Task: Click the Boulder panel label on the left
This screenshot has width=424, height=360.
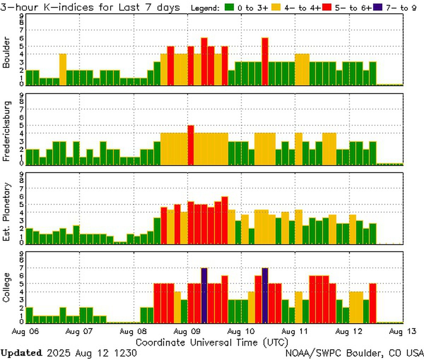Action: pyautogui.click(x=6, y=52)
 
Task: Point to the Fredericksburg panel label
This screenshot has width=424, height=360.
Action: pyautogui.click(x=6, y=131)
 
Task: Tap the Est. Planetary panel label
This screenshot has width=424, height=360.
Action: pyautogui.click(x=6, y=212)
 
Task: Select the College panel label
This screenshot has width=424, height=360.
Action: pyautogui.click(x=6, y=288)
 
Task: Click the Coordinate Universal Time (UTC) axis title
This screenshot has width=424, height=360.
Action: pyautogui.click(x=212, y=342)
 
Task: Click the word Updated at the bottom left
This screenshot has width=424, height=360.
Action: pyautogui.click(x=21, y=353)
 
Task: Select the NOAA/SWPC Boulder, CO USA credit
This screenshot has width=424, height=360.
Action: pyautogui.click(x=354, y=353)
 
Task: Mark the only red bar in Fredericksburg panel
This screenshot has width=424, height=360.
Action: pyautogui.click(x=191, y=145)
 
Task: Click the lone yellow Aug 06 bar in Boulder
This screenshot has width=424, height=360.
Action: pyautogui.click(x=63, y=70)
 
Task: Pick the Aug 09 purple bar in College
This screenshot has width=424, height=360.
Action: pyautogui.click(x=204, y=296)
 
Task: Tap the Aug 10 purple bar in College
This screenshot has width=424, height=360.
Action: pyautogui.click(x=265, y=296)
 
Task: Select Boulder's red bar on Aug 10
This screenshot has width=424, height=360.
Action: pyautogui.click(x=265, y=61)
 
